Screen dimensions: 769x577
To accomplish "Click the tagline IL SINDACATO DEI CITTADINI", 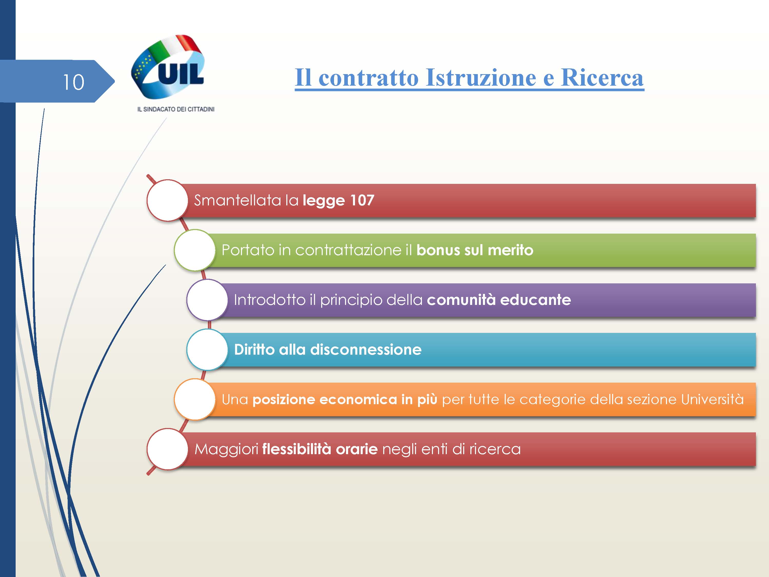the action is pos(176,109).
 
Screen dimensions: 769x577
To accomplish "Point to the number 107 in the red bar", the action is pos(362,200).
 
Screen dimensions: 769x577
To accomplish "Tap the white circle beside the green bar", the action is pos(195,250).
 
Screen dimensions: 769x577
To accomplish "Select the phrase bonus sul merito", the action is pos(475,250).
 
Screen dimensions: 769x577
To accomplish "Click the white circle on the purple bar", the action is pos(207,300).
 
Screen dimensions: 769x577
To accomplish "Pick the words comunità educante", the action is pos(499,300).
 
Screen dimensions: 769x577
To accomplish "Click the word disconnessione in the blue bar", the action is pos(366,350).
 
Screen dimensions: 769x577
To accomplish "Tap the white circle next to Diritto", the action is pos(207,350).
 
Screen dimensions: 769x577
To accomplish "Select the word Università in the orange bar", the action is pos(712,399).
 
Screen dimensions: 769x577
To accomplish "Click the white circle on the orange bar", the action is pos(195,399).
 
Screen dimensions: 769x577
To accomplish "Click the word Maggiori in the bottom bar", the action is pos(226,449).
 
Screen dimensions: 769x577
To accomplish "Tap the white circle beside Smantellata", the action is pos(168,200).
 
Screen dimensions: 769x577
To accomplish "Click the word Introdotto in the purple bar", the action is pos(270,300).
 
